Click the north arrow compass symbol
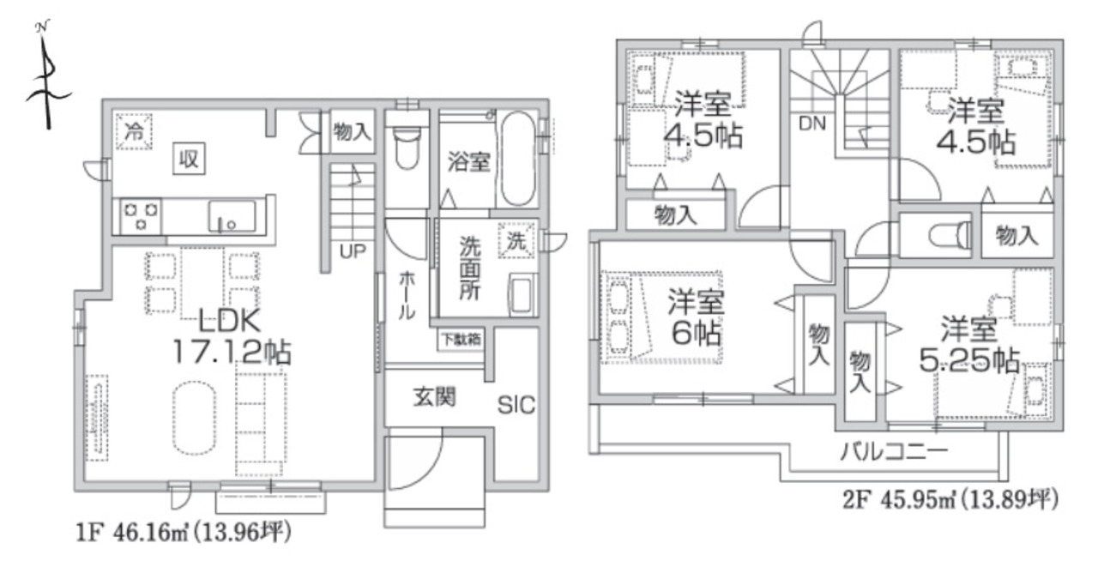pos(48,78)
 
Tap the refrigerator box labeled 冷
pos(133,131)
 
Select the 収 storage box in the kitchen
pos(189,159)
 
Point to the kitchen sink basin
pos(232,216)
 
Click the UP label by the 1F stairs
pos(353,251)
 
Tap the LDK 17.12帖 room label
pos(232,337)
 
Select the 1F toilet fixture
pos(407,147)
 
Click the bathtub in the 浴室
pos(517,159)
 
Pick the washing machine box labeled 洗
pos(516,240)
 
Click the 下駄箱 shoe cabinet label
pos(462,339)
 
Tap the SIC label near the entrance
pos(516,405)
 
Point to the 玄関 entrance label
pos(434,397)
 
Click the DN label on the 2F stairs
pos(812,124)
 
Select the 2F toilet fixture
pos(950,235)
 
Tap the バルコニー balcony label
pos(894,452)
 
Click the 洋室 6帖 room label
pos(696,317)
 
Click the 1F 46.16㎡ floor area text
pos(184,533)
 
